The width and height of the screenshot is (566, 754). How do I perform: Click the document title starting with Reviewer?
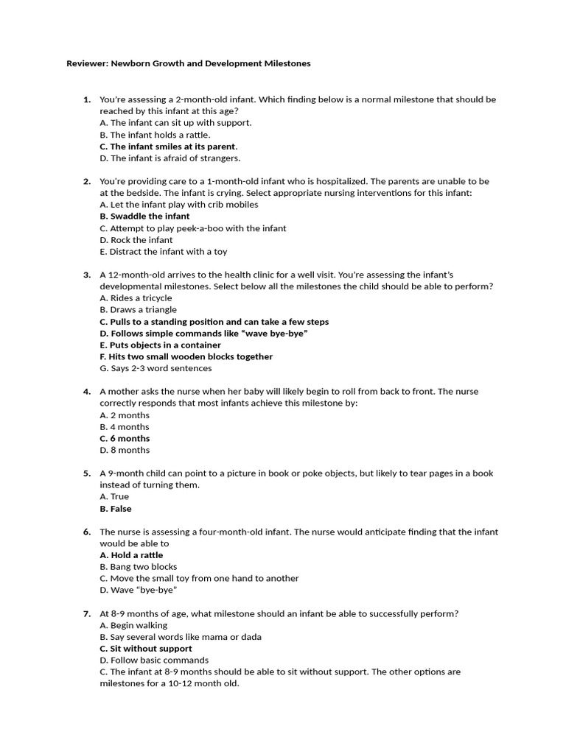[x=189, y=64]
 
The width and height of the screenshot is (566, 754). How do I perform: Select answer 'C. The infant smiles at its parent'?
[x=168, y=147]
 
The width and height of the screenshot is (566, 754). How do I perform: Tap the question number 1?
[x=87, y=99]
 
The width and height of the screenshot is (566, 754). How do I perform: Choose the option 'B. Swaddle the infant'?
[x=144, y=216]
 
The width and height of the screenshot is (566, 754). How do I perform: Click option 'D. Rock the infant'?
[x=136, y=240]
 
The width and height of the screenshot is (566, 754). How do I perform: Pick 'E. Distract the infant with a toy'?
[x=164, y=252]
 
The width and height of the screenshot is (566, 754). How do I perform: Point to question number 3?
[x=87, y=275]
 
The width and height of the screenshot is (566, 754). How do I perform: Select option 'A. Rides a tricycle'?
[x=136, y=298]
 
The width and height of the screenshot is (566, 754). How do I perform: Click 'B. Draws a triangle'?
[x=139, y=310]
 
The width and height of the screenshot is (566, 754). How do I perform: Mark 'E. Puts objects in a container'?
[x=160, y=345]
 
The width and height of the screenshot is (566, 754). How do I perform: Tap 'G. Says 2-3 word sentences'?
[x=156, y=368]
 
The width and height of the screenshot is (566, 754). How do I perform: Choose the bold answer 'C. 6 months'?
[x=125, y=439]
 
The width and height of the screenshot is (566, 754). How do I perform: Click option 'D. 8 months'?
[x=125, y=451]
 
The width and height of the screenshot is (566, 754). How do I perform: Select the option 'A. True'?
[x=114, y=497]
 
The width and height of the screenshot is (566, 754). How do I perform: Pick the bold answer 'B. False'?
[x=116, y=509]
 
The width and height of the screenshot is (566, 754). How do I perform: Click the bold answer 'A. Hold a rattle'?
[x=131, y=555]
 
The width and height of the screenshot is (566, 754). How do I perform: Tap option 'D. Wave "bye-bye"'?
[x=139, y=591]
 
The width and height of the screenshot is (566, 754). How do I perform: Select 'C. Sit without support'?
[x=146, y=649]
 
